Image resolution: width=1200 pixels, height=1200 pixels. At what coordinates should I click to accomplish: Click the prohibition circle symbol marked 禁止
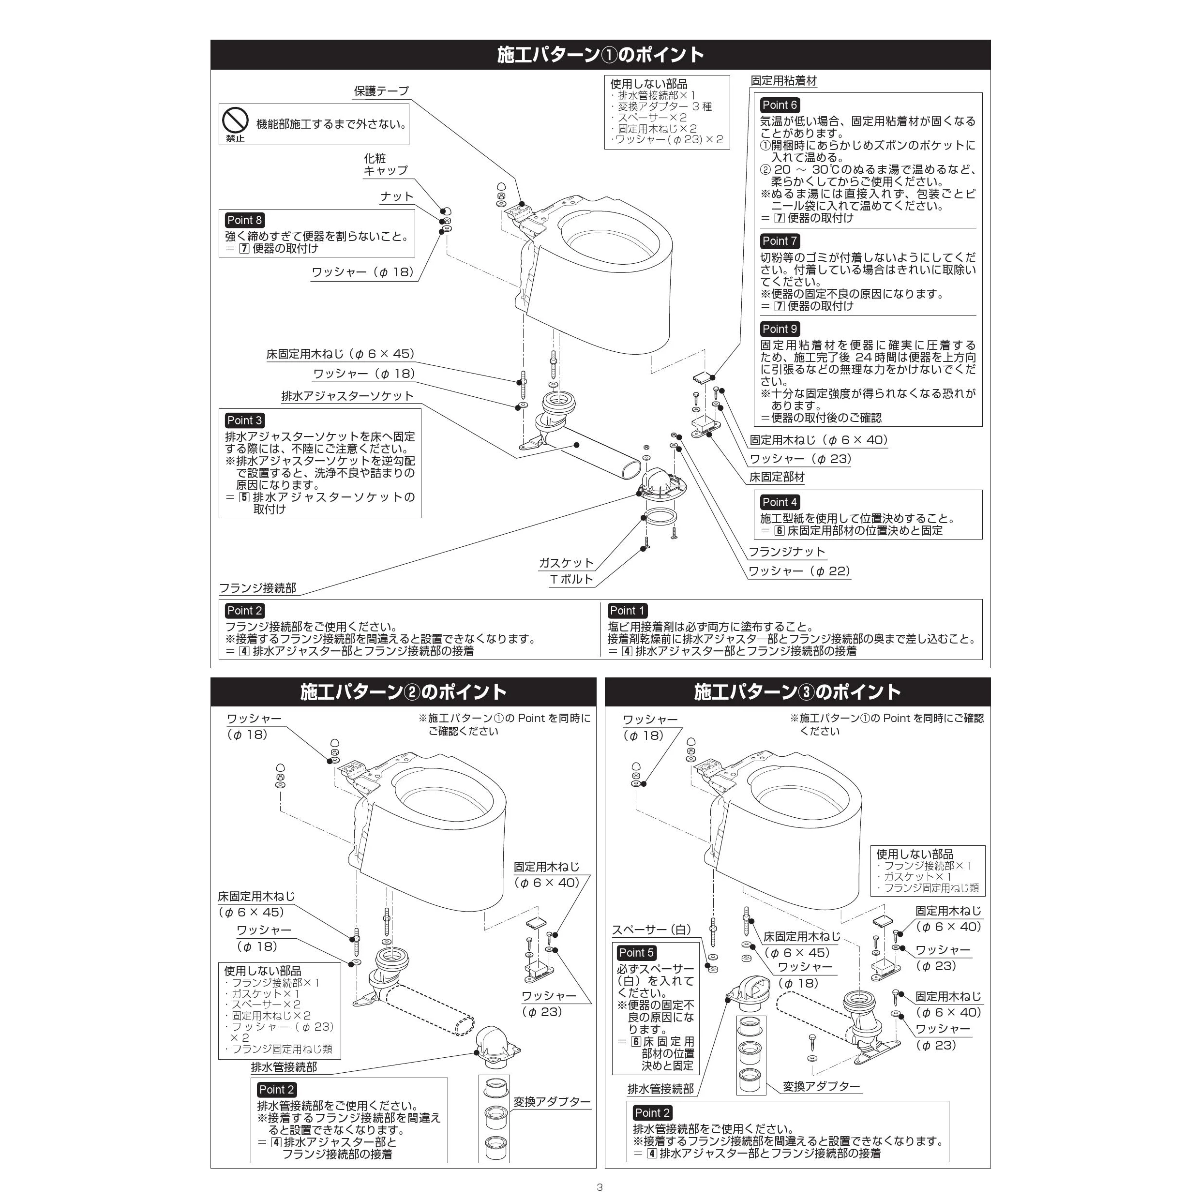click(x=236, y=120)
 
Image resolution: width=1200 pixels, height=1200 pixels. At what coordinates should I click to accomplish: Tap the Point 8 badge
click(x=244, y=220)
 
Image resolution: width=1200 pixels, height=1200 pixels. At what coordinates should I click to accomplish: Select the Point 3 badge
click(x=244, y=420)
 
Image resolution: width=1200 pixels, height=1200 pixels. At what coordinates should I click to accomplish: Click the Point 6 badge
click(x=780, y=105)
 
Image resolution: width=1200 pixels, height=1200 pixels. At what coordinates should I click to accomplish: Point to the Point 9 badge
click(x=780, y=329)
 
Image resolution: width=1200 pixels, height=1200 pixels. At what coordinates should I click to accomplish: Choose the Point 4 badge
click(x=780, y=502)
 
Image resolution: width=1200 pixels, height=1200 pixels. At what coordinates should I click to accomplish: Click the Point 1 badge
click(x=627, y=611)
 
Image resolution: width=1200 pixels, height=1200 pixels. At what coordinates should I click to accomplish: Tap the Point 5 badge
click(x=637, y=953)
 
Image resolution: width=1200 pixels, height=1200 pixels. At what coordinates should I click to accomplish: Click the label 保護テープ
click(x=381, y=90)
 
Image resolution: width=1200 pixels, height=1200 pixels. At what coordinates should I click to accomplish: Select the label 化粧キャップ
click(x=386, y=165)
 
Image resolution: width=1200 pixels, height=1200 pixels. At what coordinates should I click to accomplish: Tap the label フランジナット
click(x=787, y=552)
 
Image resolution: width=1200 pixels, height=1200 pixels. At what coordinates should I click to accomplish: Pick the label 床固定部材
click(x=777, y=477)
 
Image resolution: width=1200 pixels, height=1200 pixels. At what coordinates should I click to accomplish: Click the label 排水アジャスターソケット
click(x=347, y=396)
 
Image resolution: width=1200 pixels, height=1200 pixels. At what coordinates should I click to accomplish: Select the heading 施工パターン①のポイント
click(x=600, y=55)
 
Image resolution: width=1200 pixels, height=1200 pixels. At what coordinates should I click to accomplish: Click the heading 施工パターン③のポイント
click(x=797, y=692)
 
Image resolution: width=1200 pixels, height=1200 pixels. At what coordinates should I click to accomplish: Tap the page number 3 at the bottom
click(x=600, y=1187)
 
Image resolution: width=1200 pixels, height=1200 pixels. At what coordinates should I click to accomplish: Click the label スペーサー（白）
click(x=652, y=930)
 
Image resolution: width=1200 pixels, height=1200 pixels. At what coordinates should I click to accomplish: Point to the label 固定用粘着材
click(x=784, y=81)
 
